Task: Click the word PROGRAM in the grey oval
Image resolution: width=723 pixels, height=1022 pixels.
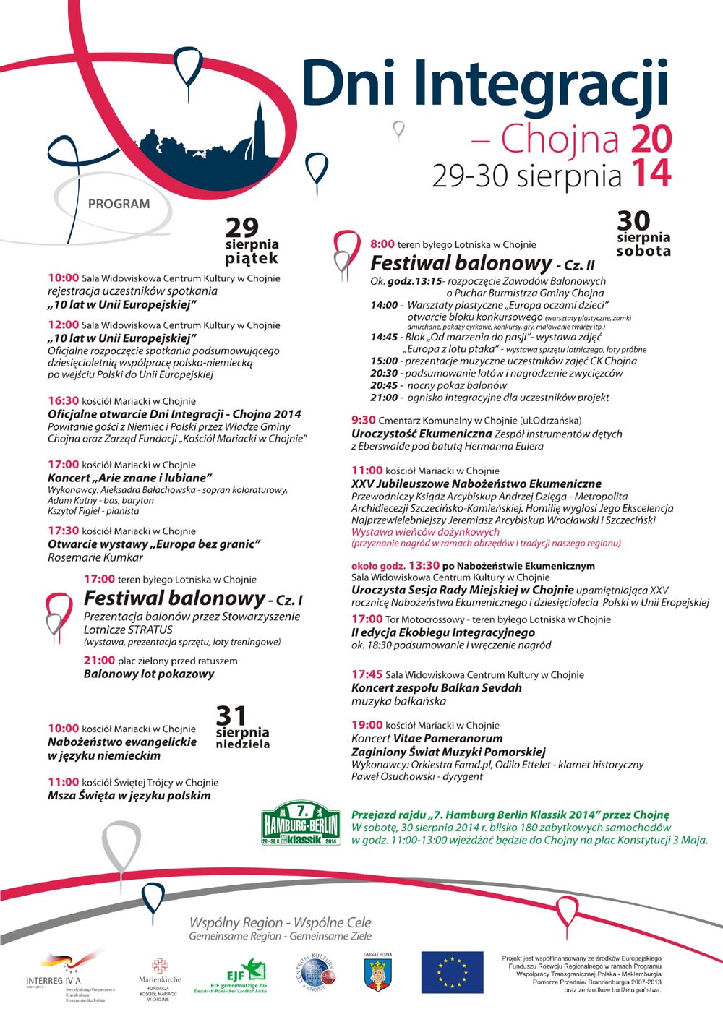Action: pyautogui.click(x=119, y=204)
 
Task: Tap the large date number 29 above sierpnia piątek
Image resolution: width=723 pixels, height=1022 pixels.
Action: pyautogui.click(x=241, y=228)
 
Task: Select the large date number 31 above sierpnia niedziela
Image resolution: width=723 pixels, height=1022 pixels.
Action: pyautogui.click(x=231, y=716)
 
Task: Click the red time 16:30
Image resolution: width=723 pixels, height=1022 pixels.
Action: pyautogui.click(x=63, y=400)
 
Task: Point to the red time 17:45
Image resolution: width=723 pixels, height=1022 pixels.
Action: pyautogui.click(x=367, y=674)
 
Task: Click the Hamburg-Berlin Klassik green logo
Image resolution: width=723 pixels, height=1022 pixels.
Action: pyautogui.click(x=301, y=823)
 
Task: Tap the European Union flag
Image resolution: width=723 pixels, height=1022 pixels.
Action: pyautogui.click(x=452, y=971)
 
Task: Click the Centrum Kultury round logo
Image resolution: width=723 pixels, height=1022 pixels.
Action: pyautogui.click(x=315, y=973)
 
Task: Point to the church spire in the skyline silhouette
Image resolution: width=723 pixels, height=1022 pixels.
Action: pyautogui.click(x=258, y=119)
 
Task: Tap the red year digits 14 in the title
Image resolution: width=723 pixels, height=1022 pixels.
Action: pyautogui.click(x=651, y=174)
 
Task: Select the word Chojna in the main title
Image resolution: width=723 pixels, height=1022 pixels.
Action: pyautogui.click(x=561, y=139)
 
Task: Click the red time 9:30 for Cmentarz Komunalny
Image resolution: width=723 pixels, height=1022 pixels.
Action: pyautogui.click(x=364, y=420)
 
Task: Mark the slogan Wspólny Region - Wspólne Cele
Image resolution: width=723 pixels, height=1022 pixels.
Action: pyautogui.click(x=280, y=922)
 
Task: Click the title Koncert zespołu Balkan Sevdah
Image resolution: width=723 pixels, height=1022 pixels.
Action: pyautogui.click(x=436, y=687)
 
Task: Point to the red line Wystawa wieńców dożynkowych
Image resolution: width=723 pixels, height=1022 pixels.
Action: pyautogui.click(x=425, y=532)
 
